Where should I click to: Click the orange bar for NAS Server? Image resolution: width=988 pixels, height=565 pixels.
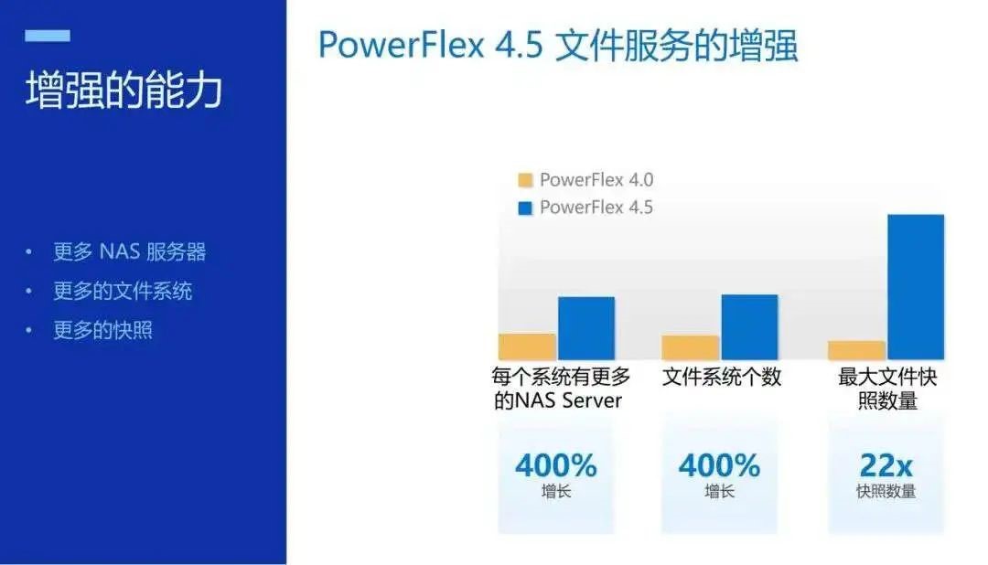527,346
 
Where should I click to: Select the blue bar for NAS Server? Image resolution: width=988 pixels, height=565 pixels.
586,328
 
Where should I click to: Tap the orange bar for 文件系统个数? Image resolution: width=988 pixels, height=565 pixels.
690,347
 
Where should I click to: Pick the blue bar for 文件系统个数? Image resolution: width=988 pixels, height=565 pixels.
749,327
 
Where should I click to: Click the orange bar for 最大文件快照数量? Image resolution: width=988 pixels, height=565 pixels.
856,350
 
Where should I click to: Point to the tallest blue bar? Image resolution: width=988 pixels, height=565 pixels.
916,287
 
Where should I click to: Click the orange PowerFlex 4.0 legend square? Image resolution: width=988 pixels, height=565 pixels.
525,180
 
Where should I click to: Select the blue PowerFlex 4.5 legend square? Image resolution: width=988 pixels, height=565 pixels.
525,208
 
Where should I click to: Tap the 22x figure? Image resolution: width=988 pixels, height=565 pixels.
886,466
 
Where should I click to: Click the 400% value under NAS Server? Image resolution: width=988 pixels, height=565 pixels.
556,466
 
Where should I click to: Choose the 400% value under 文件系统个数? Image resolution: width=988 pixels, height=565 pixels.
719,466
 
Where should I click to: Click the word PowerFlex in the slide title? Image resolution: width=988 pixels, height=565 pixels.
402,45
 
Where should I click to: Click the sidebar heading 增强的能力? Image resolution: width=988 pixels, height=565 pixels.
124,90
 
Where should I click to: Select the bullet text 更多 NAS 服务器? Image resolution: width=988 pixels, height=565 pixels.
130,252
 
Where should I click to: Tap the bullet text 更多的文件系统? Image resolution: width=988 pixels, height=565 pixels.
123,291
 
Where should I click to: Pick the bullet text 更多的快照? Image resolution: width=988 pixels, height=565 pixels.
102,330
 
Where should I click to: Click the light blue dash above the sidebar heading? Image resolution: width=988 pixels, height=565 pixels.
48,36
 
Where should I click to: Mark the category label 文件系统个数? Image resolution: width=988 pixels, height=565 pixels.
722,377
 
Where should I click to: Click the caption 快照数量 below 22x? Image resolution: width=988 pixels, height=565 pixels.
886,491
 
